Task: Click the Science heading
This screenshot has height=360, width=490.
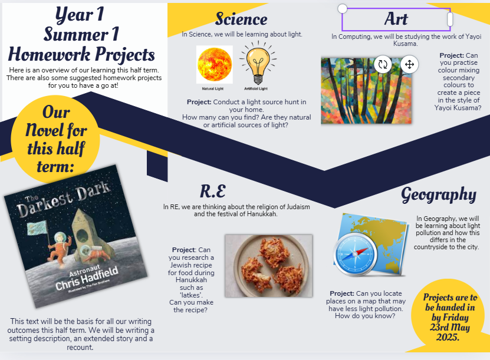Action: point(241,19)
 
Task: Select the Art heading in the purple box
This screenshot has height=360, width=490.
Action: point(396,19)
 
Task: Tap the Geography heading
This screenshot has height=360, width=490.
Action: point(439,195)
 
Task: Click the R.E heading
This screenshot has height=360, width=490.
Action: point(213,191)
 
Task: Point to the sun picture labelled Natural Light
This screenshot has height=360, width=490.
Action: point(215,65)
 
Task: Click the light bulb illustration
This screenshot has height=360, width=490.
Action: point(258,62)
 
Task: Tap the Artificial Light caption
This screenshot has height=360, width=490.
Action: point(256,88)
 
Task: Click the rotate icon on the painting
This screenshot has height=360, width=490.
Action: point(383,64)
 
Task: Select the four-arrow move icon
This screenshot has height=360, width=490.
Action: point(409,64)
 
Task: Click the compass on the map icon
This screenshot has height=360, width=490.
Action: point(356,254)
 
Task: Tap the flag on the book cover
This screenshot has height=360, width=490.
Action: point(37,228)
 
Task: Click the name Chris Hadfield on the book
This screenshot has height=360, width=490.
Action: point(87,278)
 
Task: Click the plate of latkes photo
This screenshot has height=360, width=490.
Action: point(269,266)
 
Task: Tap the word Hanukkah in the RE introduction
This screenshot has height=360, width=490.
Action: point(262,214)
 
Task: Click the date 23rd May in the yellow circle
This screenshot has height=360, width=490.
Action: point(450,327)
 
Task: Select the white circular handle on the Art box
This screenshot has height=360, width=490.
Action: point(343,8)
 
